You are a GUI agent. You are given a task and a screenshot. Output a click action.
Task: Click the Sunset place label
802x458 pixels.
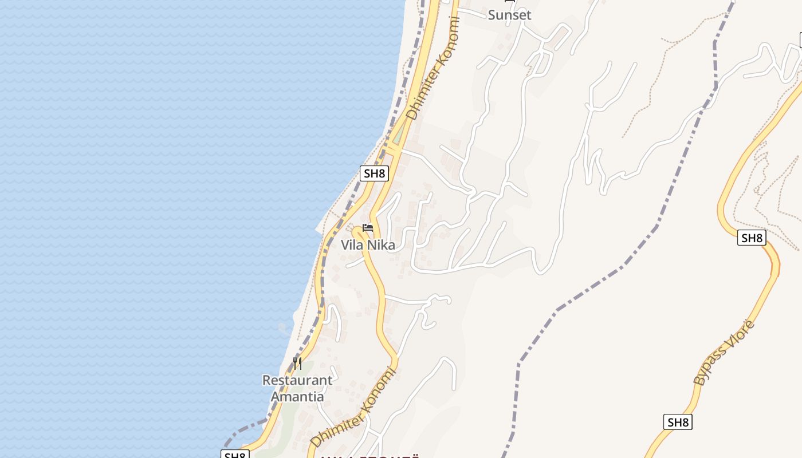point(509,15)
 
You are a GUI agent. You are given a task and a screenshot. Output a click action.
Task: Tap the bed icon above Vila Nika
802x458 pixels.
point(368,228)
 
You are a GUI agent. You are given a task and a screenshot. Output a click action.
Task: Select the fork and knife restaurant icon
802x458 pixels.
point(297,363)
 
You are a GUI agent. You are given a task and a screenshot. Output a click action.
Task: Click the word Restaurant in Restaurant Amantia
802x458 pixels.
point(297,380)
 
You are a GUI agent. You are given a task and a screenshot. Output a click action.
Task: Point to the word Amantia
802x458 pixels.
point(297,396)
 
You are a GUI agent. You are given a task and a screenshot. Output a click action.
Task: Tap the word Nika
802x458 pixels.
point(381,245)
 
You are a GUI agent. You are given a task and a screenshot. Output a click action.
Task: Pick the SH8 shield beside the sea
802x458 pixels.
point(374,173)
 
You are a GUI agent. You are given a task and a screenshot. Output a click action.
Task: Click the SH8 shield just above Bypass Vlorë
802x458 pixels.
point(752,238)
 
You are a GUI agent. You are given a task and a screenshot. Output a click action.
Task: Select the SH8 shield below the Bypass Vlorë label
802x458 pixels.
point(678,423)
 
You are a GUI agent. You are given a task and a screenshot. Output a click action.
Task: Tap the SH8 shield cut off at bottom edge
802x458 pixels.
point(235,455)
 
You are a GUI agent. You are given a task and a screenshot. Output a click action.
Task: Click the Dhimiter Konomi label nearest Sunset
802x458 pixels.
point(433,68)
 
